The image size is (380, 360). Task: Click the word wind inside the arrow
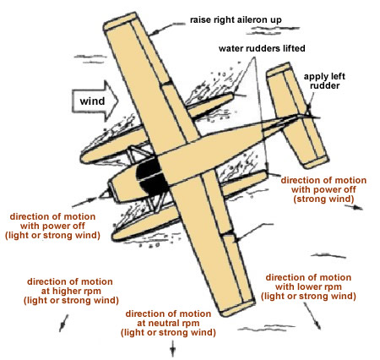[92, 101]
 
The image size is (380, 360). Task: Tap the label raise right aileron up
[236, 20]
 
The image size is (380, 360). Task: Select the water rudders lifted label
[262, 48]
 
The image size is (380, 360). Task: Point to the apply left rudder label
[324, 81]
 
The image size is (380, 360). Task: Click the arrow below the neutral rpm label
[173, 348]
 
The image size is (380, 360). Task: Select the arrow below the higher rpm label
[63, 323]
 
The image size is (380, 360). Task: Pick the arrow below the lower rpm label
[312, 315]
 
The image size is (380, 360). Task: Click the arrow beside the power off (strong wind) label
[354, 207]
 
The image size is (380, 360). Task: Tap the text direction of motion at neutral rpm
[168, 323]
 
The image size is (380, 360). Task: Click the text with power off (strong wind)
[323, 194]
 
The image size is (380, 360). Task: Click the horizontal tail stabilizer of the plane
[297, 116]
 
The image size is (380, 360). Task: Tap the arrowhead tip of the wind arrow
[118, 101]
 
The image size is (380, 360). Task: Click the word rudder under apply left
[324, 85]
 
